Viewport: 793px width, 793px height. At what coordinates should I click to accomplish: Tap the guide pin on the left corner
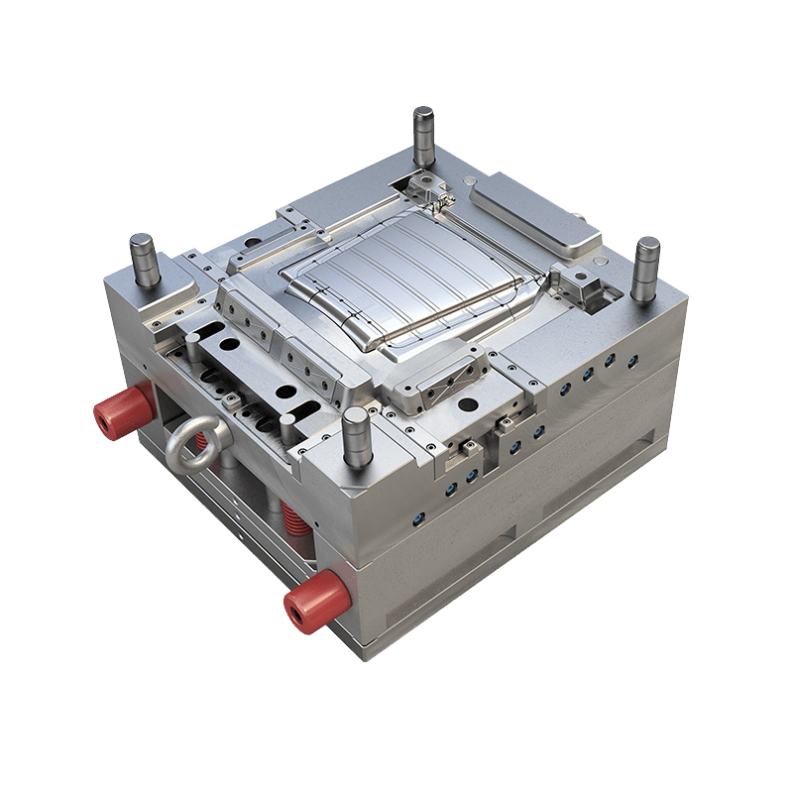pos(145,260)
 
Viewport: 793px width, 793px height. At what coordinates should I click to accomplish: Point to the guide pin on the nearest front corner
pos(356,439)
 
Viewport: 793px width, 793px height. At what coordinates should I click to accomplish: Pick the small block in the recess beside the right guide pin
pos(585,288)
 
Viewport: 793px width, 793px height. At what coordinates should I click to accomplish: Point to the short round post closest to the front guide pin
pos(286,429)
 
